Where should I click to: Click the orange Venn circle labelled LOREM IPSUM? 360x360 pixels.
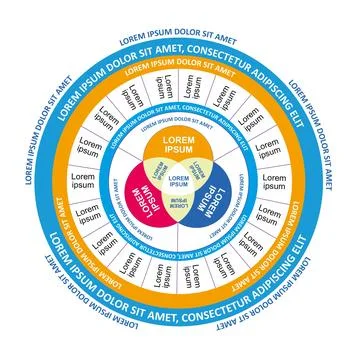[x=180, y=144]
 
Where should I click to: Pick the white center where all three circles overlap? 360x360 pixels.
[x=180, y=181]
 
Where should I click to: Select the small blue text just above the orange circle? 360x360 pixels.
[x=180, y=128]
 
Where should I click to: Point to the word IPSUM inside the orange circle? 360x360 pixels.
[x=180, y=150]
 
